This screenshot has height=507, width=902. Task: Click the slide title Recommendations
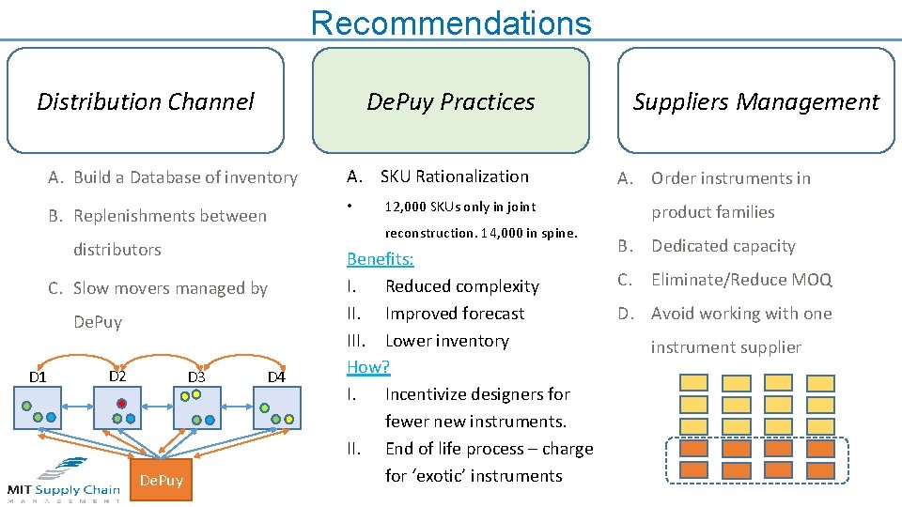451,22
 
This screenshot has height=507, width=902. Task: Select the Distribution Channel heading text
146,101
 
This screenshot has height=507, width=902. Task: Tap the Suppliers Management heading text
755,101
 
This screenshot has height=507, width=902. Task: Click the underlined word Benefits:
380,259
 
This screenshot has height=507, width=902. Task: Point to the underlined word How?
368,367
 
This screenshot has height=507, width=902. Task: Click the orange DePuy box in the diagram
162,481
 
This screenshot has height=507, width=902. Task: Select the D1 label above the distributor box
38,377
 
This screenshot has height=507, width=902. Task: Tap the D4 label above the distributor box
276,377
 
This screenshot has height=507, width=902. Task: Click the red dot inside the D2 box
121,403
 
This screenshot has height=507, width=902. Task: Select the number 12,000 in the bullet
407,207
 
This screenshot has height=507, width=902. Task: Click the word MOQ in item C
815,280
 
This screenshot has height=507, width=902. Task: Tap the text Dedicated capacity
723,246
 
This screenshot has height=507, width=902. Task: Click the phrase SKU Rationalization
455,177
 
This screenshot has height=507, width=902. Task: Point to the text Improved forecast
455,314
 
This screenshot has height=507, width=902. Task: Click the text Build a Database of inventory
185,177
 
